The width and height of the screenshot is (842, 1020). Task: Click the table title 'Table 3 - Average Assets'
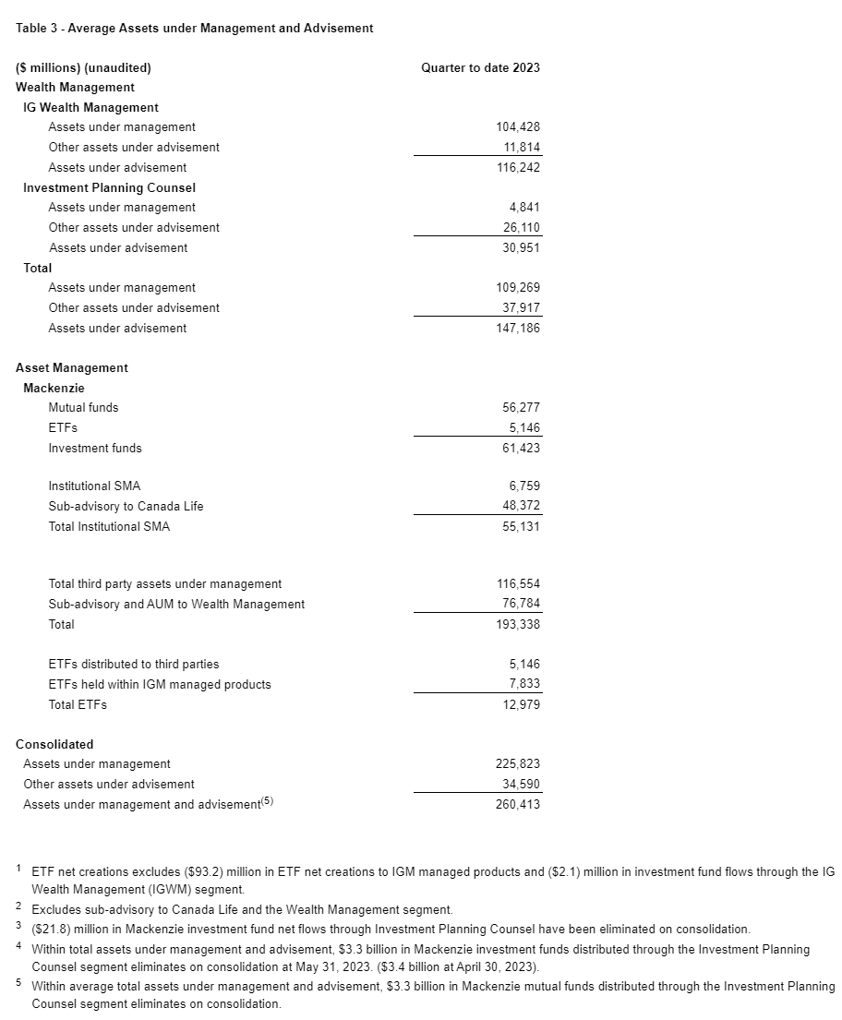coord(194,29)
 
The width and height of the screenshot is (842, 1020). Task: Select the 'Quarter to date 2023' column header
coord(480,67)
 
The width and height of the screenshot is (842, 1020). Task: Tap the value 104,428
coord(518,127)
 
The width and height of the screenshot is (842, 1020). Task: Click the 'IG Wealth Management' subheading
coord(90,107)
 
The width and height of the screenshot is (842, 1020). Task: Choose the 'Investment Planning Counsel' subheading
coord(109,187)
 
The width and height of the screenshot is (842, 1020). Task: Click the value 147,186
coord(518,328)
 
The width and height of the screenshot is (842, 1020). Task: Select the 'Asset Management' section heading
coord(72,367)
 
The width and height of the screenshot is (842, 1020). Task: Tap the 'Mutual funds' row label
coord(83,407)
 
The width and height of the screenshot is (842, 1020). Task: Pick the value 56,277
coord(522,407)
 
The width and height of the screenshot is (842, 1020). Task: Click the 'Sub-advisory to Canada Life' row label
coord(126,506)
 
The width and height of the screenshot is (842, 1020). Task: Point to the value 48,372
coord(522,506)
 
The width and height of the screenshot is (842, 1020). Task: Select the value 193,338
coord(518,624)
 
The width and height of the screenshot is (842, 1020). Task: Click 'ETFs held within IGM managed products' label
coord(160,684)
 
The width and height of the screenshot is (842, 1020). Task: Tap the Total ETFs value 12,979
coord(522,704)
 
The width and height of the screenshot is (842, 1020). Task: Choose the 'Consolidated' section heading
coord(54,744)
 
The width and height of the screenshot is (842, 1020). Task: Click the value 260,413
coord(518,804)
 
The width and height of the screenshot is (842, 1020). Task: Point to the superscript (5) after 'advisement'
coord(268,801)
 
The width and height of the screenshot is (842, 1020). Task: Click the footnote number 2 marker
coord(19,907)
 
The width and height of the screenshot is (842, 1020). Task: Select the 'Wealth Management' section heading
coord(75,87)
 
